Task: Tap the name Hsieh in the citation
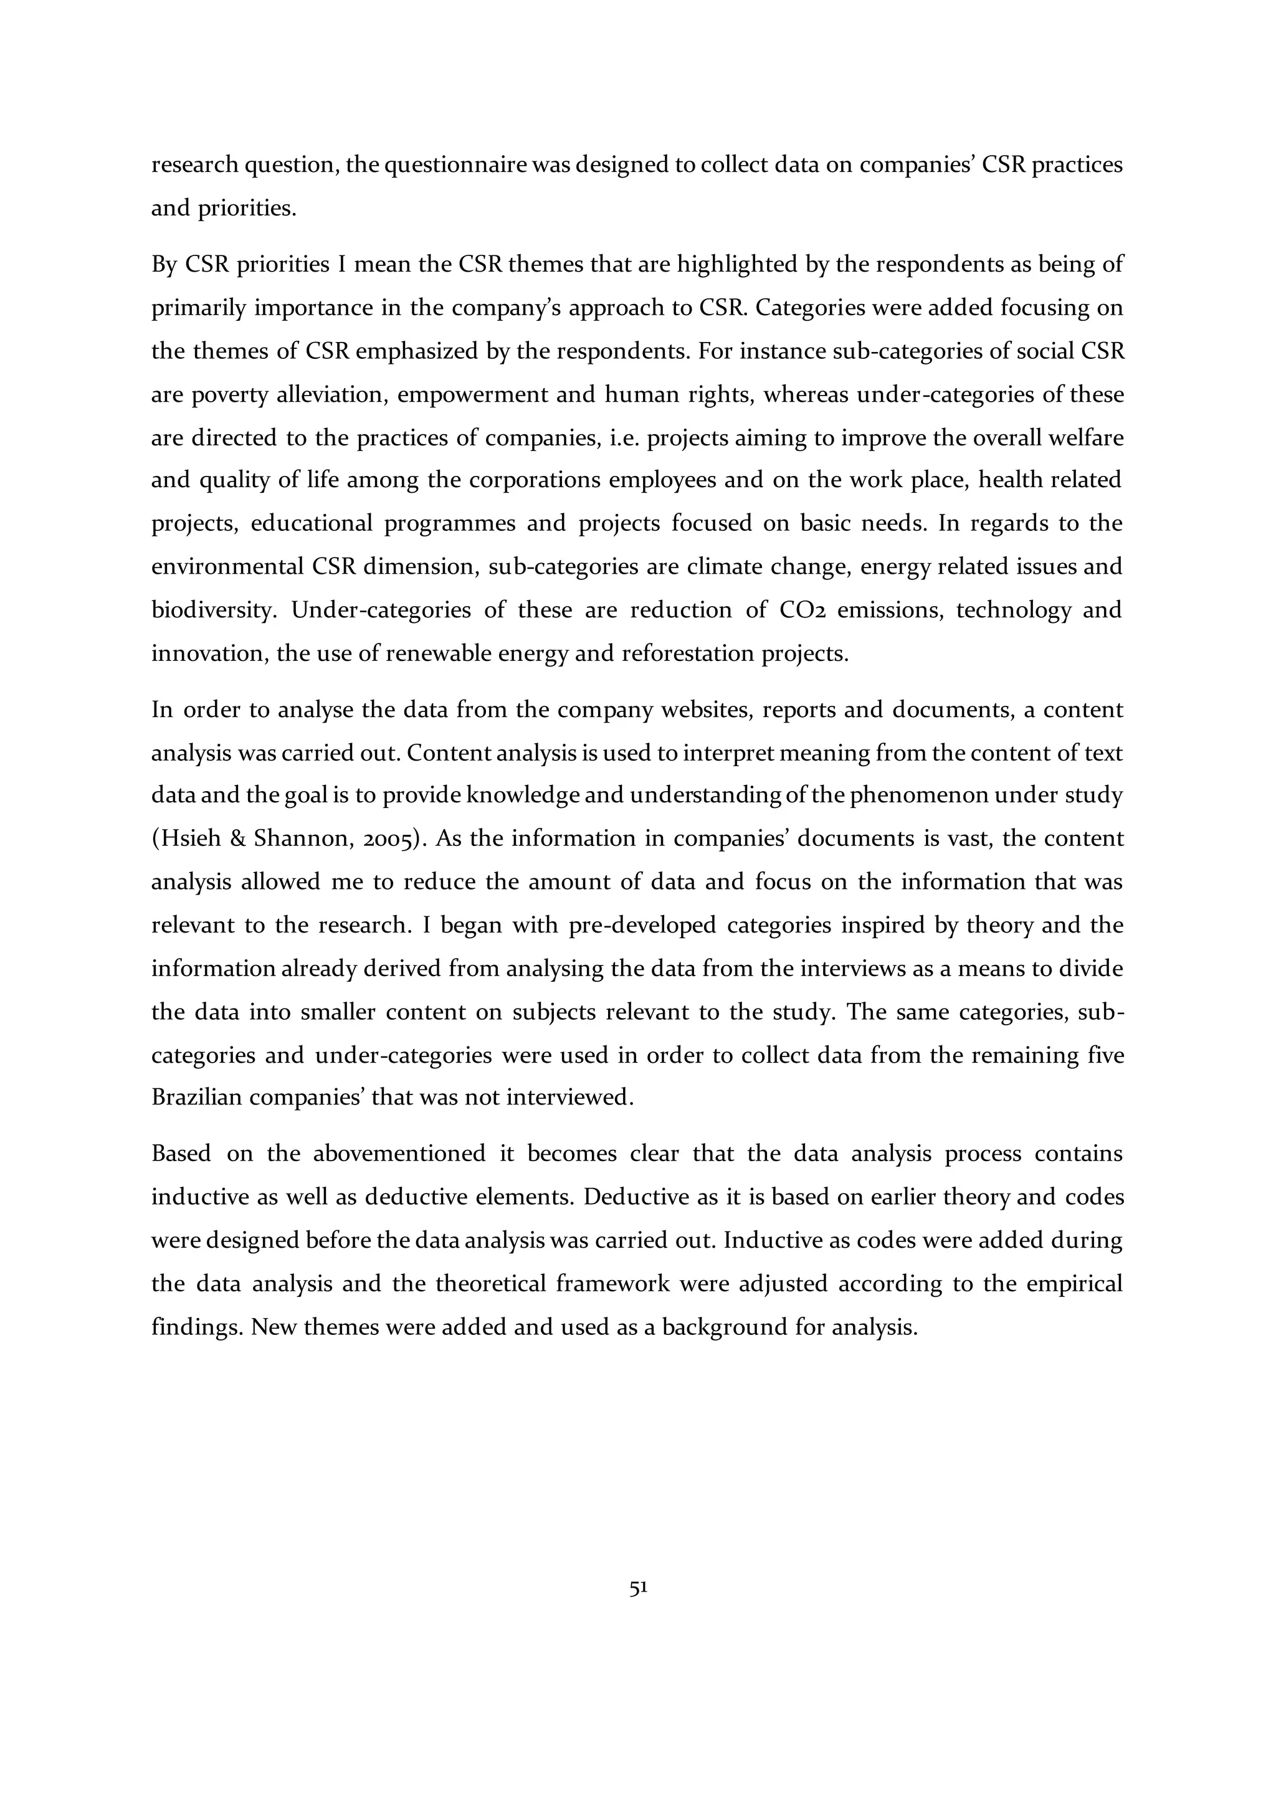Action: coord(194,839)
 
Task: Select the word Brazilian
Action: coord(196,1097)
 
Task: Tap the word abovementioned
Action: coord(399,1154)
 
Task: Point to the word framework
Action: coord(612,1284)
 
